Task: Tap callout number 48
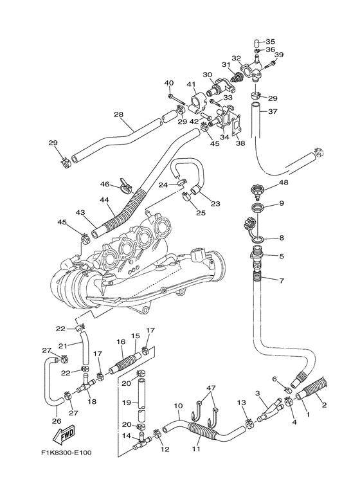(x=284, y=183)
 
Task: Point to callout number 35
(x=270, y=42)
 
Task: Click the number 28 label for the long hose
(x=118, y=114)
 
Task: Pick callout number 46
(x=105, y=184)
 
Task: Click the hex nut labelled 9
(x=258, y=208)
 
